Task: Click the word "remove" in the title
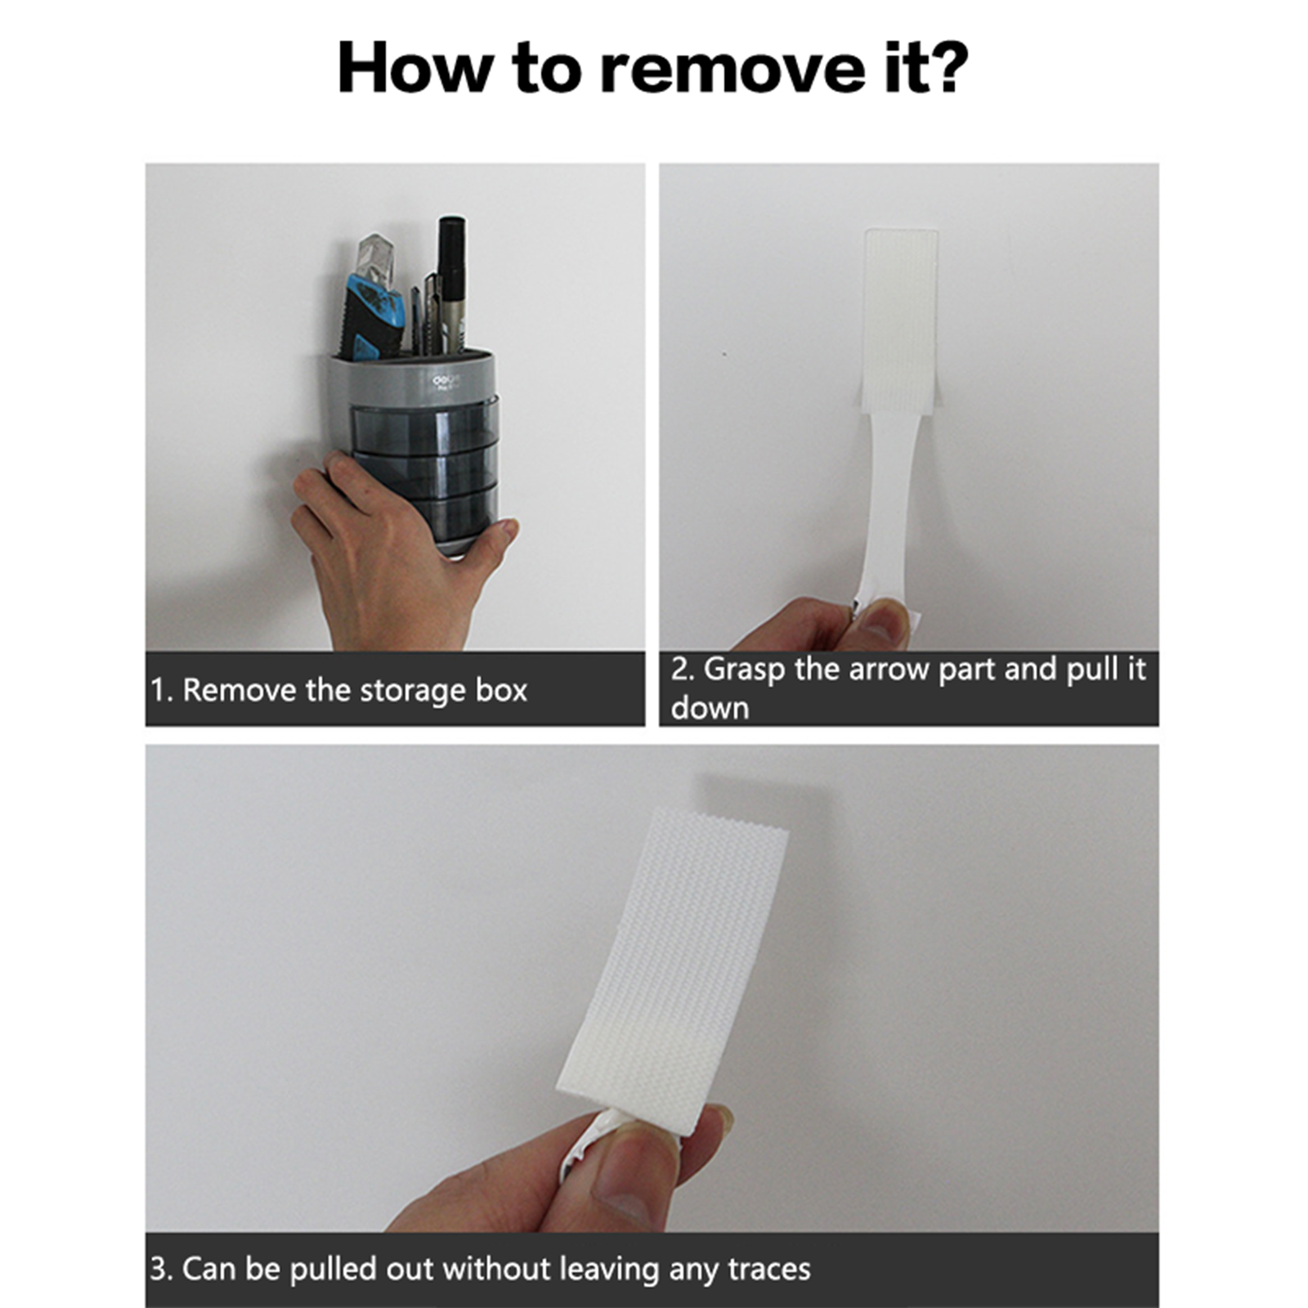tap(732, 69)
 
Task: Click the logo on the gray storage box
tap(446, 381)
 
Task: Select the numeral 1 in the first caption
tap(158, 691)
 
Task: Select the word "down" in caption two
tap(710, 709)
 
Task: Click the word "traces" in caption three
tap(769, 1270)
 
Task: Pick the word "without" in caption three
tap(497, 1269)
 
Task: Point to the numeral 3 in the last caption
tap(158, 1270)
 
